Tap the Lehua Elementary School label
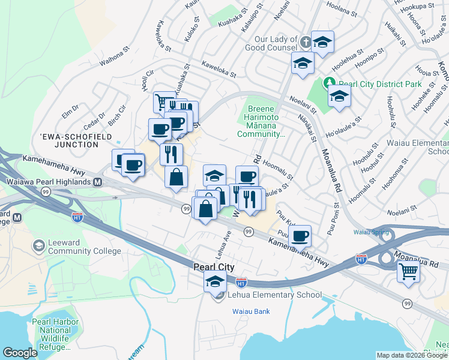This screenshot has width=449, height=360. click(x=274, y=295)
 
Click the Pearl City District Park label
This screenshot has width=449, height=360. click(x=380, y=85)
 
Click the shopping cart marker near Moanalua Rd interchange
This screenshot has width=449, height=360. click(x=408, y=271)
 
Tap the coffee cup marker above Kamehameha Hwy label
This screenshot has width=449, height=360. click(x=300, y=235)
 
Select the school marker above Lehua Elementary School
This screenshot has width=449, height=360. click(x=215, y=280)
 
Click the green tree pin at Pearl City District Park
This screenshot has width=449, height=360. click(x=329, y=82)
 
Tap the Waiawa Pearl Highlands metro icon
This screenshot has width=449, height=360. click(x=97, y=182)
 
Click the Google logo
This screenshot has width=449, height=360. click(x=20, y=353)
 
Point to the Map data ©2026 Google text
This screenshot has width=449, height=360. click(x=411, y=355)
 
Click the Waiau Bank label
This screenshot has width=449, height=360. click(x=251, y=311)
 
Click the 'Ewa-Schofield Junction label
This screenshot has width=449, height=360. click(x=68, y=140)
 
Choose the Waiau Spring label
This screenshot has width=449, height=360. click(x=368, y=232)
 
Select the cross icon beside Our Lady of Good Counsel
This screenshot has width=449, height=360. click(x=306, y=42)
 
